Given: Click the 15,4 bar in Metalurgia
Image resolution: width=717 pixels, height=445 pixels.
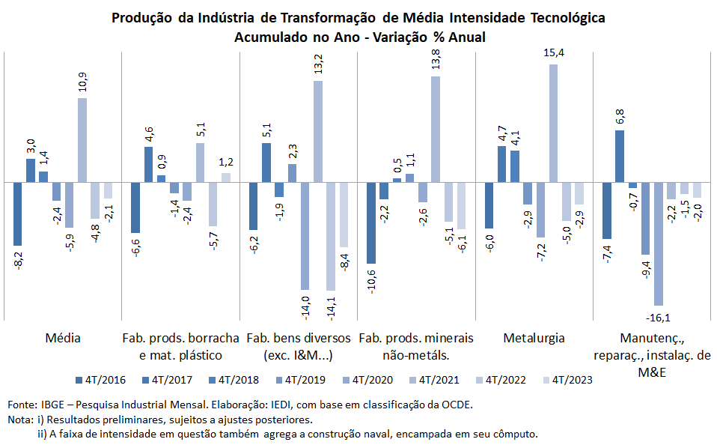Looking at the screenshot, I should (553, 123).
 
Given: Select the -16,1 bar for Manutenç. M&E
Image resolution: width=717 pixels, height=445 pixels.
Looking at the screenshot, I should (658, 243).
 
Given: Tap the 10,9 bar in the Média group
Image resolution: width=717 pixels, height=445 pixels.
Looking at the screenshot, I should (82, 140).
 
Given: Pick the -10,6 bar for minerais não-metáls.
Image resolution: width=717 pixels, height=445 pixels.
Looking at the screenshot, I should (371, 222).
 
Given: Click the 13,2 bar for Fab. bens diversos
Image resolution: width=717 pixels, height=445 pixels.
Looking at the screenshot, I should (318, 131).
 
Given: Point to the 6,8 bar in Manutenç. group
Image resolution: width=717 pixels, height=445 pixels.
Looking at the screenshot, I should (620, 156).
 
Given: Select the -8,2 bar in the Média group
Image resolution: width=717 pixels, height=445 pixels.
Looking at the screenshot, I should (17, 214).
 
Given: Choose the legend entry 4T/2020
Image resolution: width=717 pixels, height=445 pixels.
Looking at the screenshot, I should (367, 380).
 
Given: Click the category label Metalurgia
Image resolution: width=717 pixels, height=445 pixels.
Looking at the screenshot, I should (534, 338).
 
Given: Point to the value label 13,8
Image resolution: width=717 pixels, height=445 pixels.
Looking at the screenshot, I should (436, 60).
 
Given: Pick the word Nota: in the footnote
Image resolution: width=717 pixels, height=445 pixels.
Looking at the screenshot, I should (20, 420).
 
